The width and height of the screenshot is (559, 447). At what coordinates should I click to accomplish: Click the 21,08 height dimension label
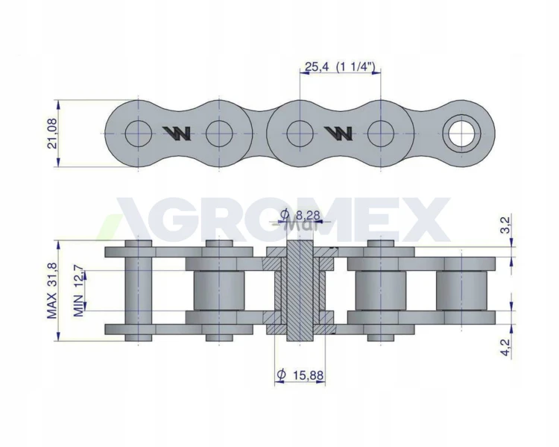(x=53, y=133)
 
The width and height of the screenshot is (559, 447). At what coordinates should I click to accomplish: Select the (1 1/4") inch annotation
(x=356, y=66)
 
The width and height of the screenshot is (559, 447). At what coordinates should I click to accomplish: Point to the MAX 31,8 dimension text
(x=52, y=290)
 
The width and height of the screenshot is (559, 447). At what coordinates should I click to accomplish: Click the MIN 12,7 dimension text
(x=79, y=290)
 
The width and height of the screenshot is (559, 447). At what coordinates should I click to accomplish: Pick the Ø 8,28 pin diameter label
(x=300, y=215)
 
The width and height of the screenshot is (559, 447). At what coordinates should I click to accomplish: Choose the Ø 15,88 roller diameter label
(x=300, y=375)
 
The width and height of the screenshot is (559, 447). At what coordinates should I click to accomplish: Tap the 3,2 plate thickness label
(x=506, y=225)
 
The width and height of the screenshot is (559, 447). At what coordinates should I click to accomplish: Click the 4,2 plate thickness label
(x=506, y=348)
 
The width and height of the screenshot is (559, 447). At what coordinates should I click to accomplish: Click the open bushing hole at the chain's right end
(x=461, y=134)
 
